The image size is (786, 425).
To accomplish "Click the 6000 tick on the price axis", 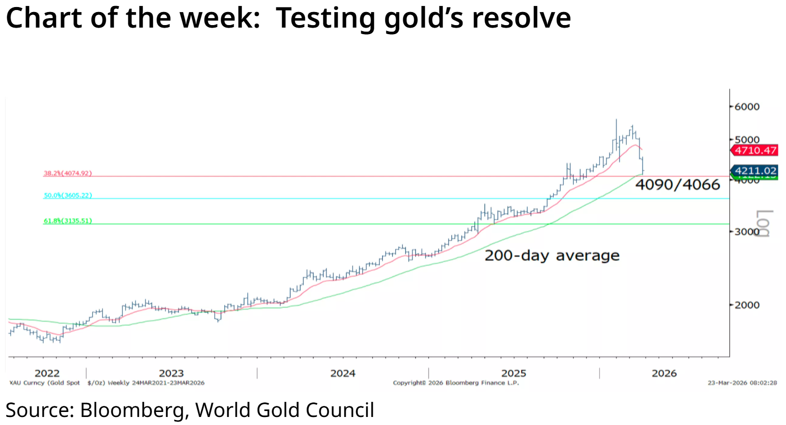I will click(x=746, y=106).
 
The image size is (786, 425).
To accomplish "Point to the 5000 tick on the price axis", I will click(x=746, y=139).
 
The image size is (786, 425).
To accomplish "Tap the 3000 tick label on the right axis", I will click(x=746, y=231).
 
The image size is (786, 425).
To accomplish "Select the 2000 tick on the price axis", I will click(x=746, y=305).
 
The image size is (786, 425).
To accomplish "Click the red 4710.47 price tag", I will click(x=755, y=150).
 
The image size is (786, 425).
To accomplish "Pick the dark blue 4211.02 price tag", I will click(x=755, y=171).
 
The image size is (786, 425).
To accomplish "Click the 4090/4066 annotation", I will click(x=677, y=185).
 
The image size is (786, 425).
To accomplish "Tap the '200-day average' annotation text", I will click(x=552, y=255).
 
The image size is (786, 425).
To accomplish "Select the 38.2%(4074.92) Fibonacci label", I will click(x=68, y=173).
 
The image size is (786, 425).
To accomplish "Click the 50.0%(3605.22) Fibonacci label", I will click(x=68, y=195).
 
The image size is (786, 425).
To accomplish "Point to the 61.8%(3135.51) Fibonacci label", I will click(x=68, y=220).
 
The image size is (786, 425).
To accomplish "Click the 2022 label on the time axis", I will click(x=47, y=373).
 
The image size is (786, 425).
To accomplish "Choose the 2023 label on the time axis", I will click(x=171, y=373).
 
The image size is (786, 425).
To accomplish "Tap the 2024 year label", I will click(x=343, y=373).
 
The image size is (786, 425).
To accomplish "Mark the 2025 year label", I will click(x=514, y=373).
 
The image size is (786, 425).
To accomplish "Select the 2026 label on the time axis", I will click(x=664, y=373).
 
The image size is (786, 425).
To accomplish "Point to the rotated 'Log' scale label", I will click(x=763, y=223).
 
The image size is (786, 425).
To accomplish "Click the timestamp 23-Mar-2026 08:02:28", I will click(x=742, y=383).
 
